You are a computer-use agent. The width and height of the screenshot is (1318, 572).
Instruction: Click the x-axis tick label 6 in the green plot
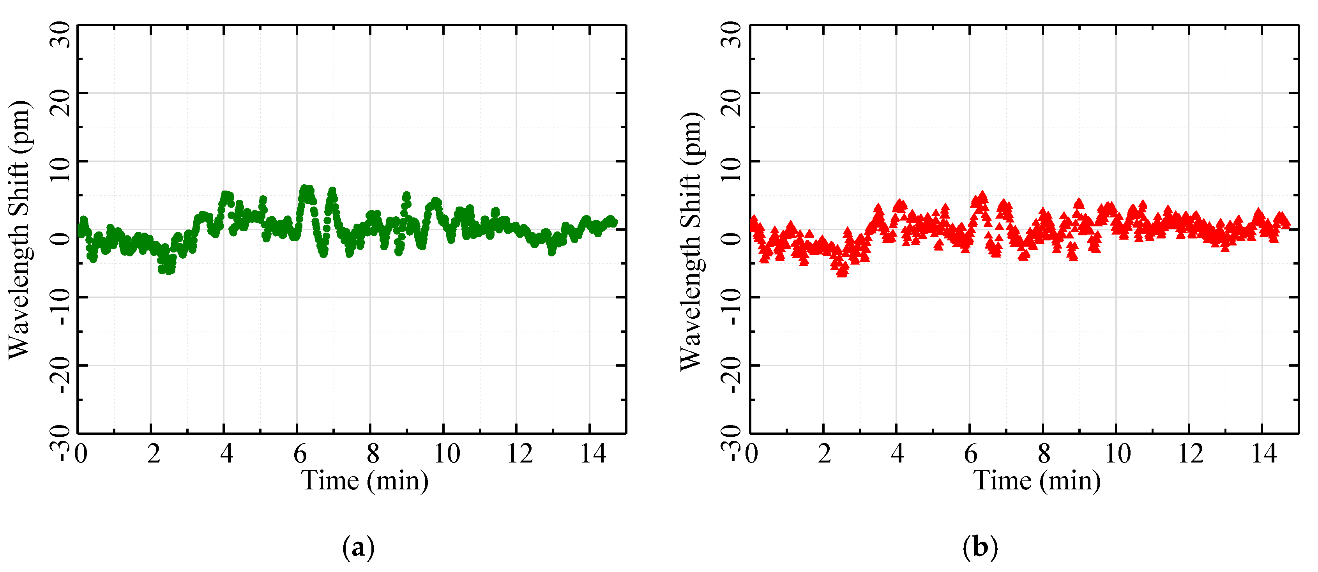[x=300, y=453]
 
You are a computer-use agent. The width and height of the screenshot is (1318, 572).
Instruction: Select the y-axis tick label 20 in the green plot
[x=60, y=102]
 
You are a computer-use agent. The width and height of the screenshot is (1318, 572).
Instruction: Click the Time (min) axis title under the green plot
[x=364, y=481]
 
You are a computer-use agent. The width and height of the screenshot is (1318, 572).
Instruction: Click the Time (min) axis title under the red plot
[x=1037, y=481]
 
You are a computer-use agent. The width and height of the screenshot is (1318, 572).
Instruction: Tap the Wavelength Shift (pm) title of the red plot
[x=692, y=240]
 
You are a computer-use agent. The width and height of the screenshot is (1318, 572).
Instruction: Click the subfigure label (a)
[x=358, y=547]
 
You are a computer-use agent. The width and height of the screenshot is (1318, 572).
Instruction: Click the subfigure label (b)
[x=980, y=547]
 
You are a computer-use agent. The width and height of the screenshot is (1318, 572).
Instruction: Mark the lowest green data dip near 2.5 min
[x=169, y=269]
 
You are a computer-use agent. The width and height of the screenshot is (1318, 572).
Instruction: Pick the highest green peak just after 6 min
[x=304, y=189]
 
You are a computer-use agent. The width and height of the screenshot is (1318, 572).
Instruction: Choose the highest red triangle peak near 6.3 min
[x=982, y=196]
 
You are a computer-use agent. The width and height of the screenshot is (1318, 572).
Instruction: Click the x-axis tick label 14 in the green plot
[x=592, y=453]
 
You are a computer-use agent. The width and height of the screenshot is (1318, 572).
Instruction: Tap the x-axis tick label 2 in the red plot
[x=824, y=453]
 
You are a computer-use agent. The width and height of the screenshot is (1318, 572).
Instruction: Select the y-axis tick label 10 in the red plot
[x=731, y=169]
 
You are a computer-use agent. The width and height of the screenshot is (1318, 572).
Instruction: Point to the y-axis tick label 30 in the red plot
[x=731, y=35]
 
